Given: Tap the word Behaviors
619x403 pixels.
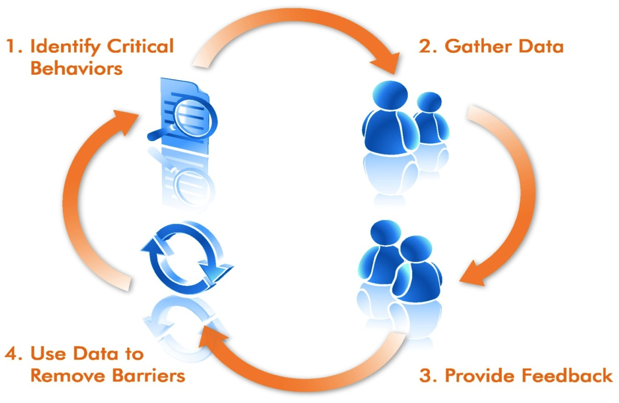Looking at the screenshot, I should (76, 69).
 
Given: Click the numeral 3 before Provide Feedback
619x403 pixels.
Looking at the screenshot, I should (426, 376).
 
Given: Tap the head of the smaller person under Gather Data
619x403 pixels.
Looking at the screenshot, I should (429, 103).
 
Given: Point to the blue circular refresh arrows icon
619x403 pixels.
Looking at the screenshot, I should (186, 257).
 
